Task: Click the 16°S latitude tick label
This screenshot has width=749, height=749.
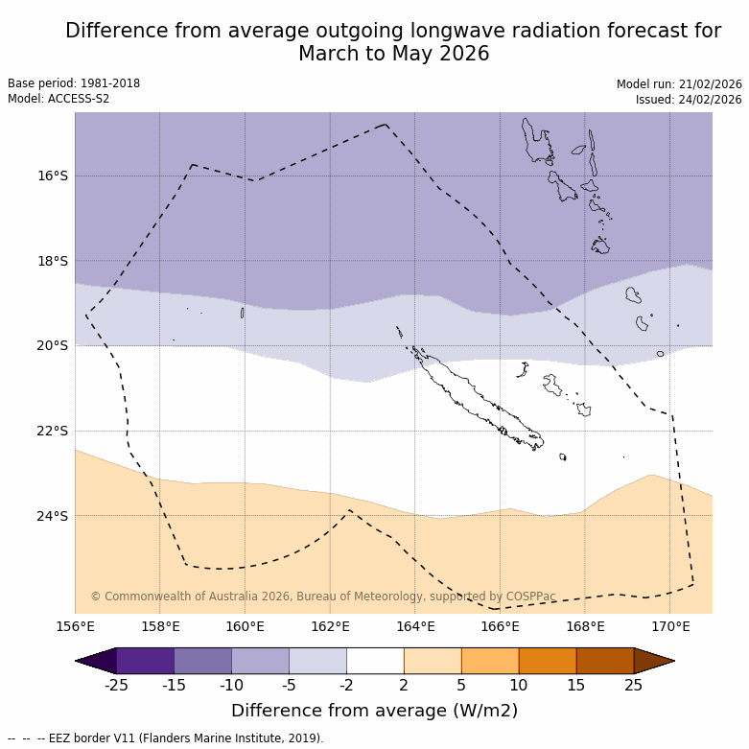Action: coord(53,176)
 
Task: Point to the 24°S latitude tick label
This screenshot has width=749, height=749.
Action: coord(53,516)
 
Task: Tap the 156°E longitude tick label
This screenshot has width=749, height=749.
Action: coord(75,627)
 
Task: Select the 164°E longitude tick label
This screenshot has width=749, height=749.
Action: coord(415,627)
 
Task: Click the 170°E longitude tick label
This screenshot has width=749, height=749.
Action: coord(670,627)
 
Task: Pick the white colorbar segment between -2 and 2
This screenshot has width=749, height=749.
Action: coord(375,661)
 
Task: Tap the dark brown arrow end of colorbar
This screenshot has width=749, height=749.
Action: coord(654,661)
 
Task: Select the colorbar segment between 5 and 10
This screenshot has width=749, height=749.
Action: coord(490,661)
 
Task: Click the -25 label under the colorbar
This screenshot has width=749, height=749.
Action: coord(116,685)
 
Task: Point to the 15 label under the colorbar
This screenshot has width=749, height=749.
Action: coord(576,685)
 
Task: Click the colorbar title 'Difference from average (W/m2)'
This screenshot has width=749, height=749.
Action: coord(374,711)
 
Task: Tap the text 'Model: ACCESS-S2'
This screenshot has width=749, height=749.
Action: coord(59,99)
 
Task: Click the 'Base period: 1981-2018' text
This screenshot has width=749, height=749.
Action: coord(74,83)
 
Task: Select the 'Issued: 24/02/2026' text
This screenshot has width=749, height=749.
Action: coord(689,100)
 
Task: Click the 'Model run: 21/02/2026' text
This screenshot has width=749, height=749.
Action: coord(679,84)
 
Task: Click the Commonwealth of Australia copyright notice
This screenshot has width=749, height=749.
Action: coord(323,597)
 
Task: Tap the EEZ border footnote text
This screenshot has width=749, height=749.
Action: coord(165,738)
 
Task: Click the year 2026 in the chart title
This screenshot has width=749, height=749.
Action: coord(464,55)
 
